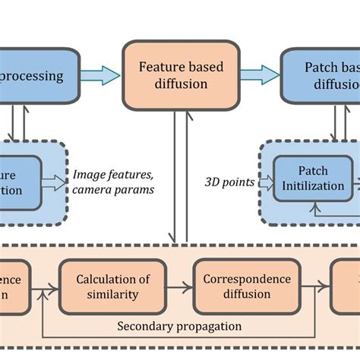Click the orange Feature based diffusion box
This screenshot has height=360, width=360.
[181, 75]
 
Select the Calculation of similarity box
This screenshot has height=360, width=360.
[111, 288]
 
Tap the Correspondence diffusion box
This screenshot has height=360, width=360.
[247, 288]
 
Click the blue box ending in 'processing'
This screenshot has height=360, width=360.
[38, 75]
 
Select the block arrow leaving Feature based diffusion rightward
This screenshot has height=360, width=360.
[260, 74]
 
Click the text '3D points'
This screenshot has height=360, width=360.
[227, 182]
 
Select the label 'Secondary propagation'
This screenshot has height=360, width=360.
[179, 326]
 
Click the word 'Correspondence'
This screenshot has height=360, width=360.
[247, 279]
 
